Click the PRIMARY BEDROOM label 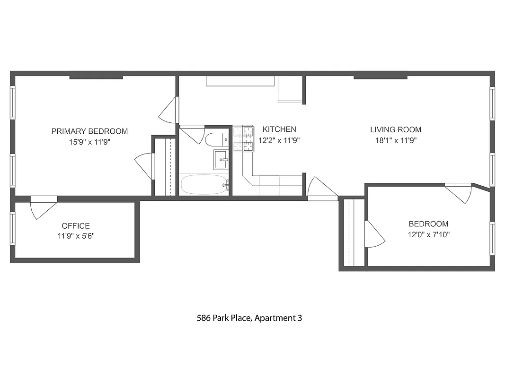[x=89, y=131]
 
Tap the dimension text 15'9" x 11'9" [x=89, y=142]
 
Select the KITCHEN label [x=279, y=129]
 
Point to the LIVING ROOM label [x=396, y=129]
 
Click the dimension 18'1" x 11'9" [x=396, y=140]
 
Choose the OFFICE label [x=76, y=226]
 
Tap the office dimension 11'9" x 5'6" [x=76, y=236]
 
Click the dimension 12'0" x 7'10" [x=429, y=234]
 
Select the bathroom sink [x=221, y=160]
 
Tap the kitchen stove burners [x=243, y=139]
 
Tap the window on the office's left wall [x=13, y=228]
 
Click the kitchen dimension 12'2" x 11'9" [x=279, y=140]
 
